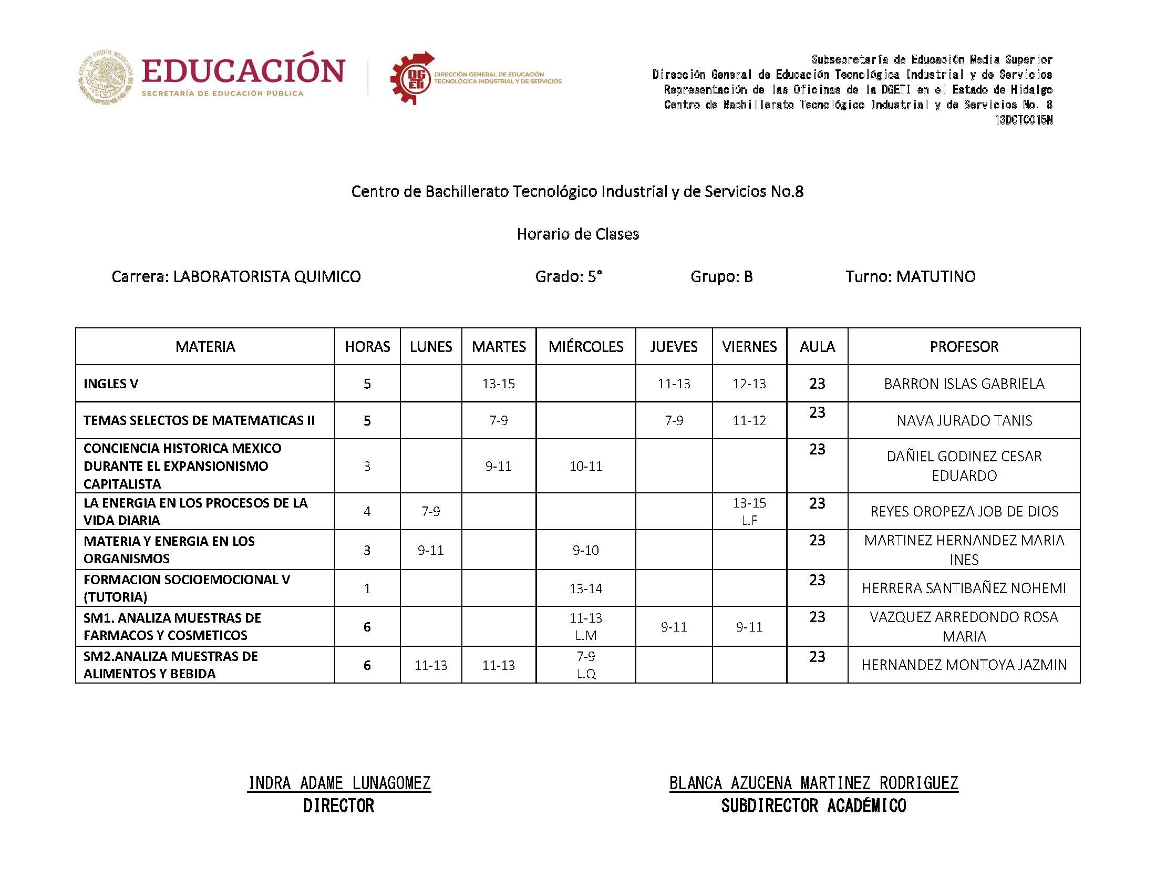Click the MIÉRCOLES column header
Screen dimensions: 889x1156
pyautogui.click(x=585, y=347)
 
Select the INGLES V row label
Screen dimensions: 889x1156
pyautogui.click(x=110, y=384)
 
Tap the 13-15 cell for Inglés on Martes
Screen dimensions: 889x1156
pyautogui.click(x=498, y=384)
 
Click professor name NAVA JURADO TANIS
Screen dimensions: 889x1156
pyautogui.click(x=964, y=420)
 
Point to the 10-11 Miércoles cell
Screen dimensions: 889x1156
pyautogui.click(x=585, y=466)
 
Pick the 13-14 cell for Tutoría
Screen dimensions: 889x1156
pyautogui.click(x=585, y=588)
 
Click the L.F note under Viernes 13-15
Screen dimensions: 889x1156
pyautogui.click(x=749, y=520)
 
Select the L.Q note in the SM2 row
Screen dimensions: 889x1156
pyautogui.click(x=585, y=674)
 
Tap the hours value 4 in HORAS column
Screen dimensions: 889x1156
pyautogui.click(x=367, y=511)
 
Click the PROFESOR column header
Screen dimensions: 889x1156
pyautogui.click(x=964, y=347)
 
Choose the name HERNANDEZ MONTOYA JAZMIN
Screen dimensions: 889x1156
pyautogui.click(x=964, y=665)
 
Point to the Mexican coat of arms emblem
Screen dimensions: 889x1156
pyautogui.click(x=106, y=77)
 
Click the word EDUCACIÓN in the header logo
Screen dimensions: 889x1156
pyautogui.click(x=243, y=71)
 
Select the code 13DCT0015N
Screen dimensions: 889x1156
pyautogui.click(x=1023, y=120)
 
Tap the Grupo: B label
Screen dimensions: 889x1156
pyautogui.click(x=721, y=276)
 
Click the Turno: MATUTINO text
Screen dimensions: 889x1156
pyautogui.click(x=910, y=276)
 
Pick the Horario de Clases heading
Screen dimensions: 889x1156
pyautogui.click(x=577, y=234)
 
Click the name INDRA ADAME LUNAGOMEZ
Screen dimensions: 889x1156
pyautogui.click(x=339, y=783)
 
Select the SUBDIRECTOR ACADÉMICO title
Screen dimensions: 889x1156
pyautogui.click(x=813, y=806)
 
